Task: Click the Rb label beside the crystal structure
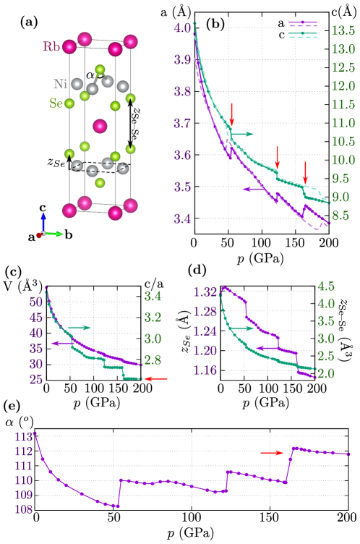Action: [51, 47]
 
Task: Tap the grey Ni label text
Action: [60, 84]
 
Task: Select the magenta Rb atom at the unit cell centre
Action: [100, 126]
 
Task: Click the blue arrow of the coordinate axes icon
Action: [43, 220]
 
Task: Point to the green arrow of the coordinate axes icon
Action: [55, 234]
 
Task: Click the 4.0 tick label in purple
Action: [181, 28]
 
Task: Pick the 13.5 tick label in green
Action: [343, 31]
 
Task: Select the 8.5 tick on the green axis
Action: [340, 216]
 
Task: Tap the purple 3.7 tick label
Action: [181, 124]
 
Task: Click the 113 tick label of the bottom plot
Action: [24, 437]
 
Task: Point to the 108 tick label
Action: [24, 509]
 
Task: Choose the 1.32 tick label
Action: [205, 292]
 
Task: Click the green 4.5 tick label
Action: [326, 286]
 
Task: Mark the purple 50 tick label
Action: [36, 302]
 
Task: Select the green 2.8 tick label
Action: [153, 360]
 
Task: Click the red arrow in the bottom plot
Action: [273, 453]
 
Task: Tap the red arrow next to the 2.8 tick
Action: [156, 378]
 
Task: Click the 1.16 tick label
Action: [205, 370]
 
